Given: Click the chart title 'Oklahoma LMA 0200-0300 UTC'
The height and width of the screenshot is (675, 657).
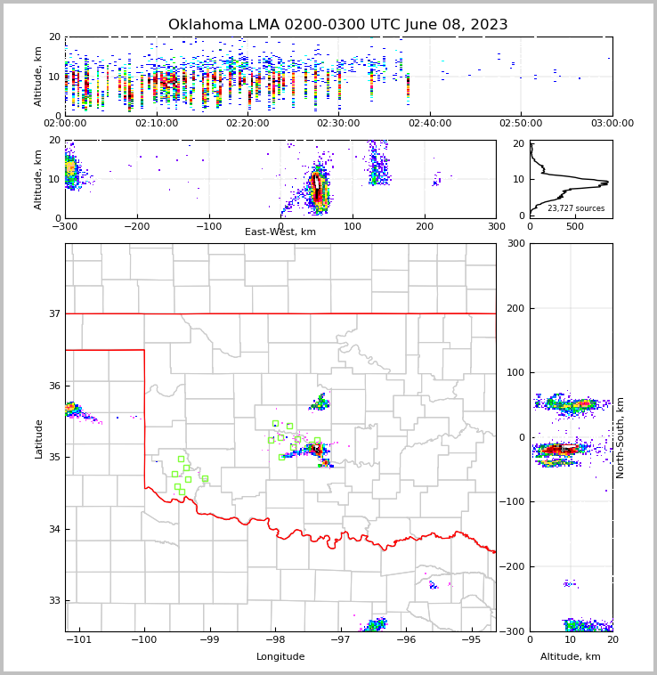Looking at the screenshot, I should point(337,25).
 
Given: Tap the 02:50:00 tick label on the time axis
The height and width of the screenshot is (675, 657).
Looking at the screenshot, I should point(521,123).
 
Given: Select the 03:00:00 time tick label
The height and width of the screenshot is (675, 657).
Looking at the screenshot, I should point(612,123).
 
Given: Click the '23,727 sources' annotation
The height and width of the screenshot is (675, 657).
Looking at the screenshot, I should point(576,208).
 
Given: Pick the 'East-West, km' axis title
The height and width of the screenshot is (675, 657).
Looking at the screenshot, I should point(280,232).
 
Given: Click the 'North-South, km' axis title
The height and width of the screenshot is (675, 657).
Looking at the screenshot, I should point(620,437).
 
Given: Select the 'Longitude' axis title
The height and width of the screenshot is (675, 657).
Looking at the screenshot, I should point(280,657).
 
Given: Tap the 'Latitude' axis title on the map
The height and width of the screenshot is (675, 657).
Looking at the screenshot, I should point(38,438).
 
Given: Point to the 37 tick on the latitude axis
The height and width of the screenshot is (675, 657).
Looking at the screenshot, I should point(53,313).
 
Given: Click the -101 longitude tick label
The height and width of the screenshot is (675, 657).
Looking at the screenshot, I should point(79,639).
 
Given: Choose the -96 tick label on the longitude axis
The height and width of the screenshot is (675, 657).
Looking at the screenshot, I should point(406,639).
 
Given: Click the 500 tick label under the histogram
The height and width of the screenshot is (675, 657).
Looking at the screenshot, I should point(575,226).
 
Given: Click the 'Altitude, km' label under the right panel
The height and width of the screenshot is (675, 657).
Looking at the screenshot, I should point(571,657).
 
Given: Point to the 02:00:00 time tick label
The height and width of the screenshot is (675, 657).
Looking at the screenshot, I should point(66,123).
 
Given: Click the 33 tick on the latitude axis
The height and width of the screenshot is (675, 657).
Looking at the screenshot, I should point(53,600).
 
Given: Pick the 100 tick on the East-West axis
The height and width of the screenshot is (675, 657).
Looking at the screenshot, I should point(353,226).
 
